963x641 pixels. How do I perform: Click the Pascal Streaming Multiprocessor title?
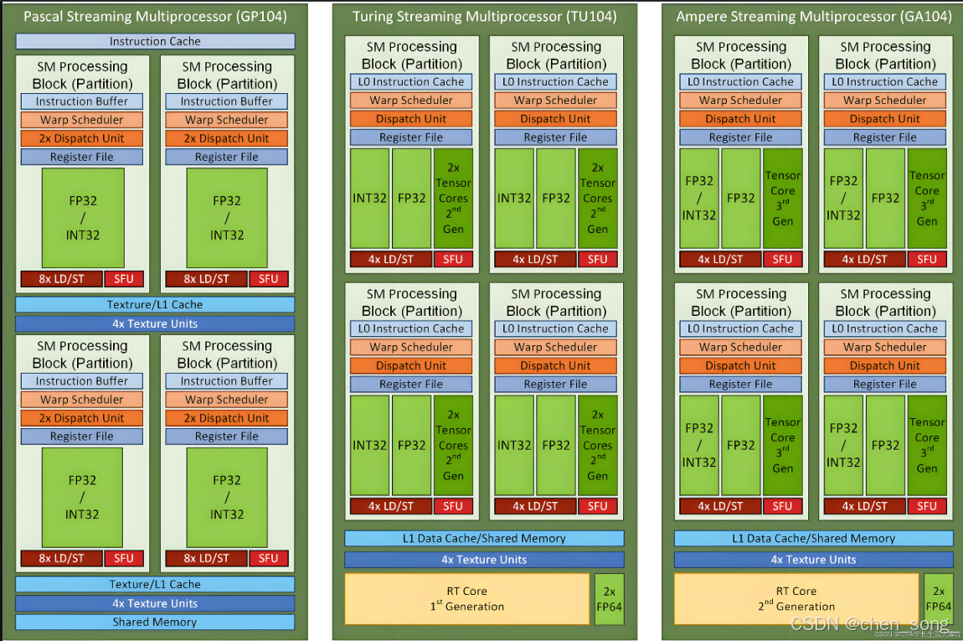[155, 17]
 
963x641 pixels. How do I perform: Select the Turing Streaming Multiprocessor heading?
[484, 17]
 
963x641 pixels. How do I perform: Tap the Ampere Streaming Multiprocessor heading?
[813, 17]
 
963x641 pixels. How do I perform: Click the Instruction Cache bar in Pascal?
[155, 41]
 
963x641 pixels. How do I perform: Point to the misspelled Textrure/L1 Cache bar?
[155, 305]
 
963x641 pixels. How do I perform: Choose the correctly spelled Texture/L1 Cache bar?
[155, 584]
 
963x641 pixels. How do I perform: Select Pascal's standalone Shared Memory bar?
[155, 622]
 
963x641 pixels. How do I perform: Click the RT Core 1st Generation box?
[466, 598]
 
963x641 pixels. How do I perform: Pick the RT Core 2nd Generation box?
[796, 598]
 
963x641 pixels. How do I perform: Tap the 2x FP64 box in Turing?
[609, 598]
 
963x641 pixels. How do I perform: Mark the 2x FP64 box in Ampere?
[939, 598]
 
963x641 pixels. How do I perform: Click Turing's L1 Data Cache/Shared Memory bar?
[484, 538]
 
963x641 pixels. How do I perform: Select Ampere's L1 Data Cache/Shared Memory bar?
[813, 538]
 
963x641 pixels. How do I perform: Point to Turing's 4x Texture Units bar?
[484, 559]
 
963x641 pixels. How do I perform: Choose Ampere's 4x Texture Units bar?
[813, 559]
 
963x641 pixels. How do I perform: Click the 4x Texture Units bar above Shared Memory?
[155, 603]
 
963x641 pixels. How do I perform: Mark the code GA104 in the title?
[925, 17]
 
